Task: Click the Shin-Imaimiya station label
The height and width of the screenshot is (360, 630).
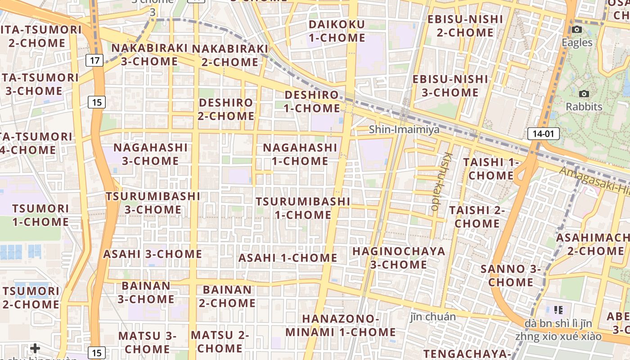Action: tap(404, 130)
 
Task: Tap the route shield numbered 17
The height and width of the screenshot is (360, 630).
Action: tap(95, 60)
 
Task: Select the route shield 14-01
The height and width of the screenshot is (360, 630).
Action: tap(543, 133)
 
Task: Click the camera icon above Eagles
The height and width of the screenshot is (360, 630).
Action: tap(576, 30)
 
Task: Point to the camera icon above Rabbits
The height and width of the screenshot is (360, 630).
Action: tap(584, 94)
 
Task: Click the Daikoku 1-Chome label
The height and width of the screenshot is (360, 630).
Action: tap(337, 31)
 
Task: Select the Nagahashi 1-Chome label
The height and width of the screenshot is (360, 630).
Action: tap(300, 154)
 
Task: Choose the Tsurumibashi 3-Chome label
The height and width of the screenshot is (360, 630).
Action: tap(153, 203)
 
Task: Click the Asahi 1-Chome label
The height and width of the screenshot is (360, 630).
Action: tap(288, 258)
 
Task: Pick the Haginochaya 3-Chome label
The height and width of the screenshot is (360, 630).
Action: tap(399, 257)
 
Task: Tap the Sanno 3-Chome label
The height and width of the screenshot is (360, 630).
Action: tap(511, 275)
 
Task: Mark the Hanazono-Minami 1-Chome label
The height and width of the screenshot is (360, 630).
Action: tap(341, 325)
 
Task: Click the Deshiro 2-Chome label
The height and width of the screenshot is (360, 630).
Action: tap(226, 109)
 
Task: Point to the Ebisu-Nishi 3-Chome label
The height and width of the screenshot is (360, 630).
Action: tap(450, 85)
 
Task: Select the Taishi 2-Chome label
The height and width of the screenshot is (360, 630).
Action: tap(477, 216)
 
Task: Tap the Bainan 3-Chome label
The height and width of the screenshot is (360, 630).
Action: tap(146, 292)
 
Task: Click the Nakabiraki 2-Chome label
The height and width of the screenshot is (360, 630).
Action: tap(230, 55)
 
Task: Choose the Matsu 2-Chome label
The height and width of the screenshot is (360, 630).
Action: tap(220, 342)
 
